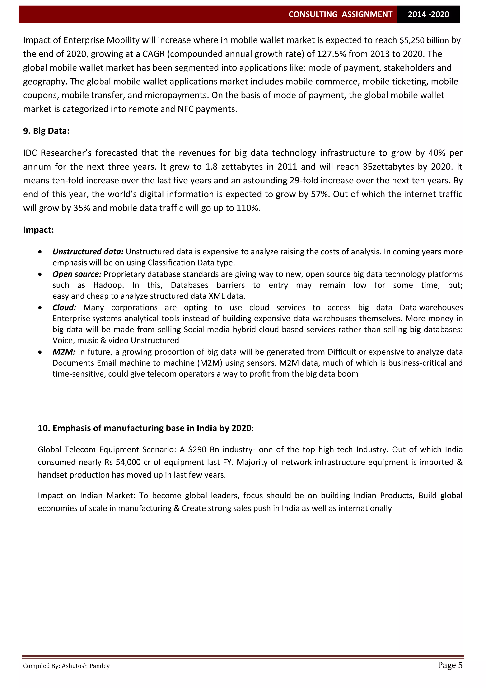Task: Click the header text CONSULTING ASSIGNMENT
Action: click(x=340, y=14)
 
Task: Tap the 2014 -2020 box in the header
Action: click(x=428, y=14)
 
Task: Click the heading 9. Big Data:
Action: click(x=46, y=131)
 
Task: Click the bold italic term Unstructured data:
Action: click(x=88, y=252)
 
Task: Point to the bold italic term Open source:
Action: click(x=77, y=274)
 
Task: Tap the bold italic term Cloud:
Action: click(x=64, y=307)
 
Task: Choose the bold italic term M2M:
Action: click(x=64, y=352)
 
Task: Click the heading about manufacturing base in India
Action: click(x=145, y=428)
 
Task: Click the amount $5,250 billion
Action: click(x=424, y=40)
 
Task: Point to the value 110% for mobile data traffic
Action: click(x=248, y=208)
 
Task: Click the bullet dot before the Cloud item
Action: click(x=40, y=308)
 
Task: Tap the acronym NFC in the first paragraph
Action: click(x=186, y=109)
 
